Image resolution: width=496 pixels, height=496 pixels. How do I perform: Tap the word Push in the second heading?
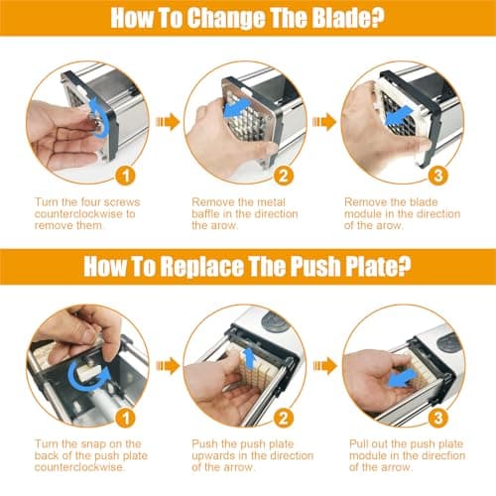point(314,266)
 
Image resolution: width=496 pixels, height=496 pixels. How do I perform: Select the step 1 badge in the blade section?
point(126,176)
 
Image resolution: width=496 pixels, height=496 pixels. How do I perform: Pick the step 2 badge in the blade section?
point(284,176)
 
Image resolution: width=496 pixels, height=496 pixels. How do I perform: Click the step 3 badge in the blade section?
point(437,176)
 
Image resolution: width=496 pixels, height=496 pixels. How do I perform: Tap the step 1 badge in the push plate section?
point(126,418)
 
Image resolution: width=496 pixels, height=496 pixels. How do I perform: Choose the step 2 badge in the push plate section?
point(284,418)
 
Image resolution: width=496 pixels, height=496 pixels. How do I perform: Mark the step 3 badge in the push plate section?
point(437,418)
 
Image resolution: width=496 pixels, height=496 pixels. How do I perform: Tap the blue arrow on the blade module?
point(399,117)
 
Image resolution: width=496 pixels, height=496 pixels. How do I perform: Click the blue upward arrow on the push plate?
point(249,359)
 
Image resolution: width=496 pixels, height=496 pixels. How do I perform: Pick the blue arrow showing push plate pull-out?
point(402,379)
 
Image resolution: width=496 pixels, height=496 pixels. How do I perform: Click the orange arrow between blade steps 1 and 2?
point(168,122)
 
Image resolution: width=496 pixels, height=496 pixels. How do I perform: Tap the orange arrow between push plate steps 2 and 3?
point(325,366)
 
